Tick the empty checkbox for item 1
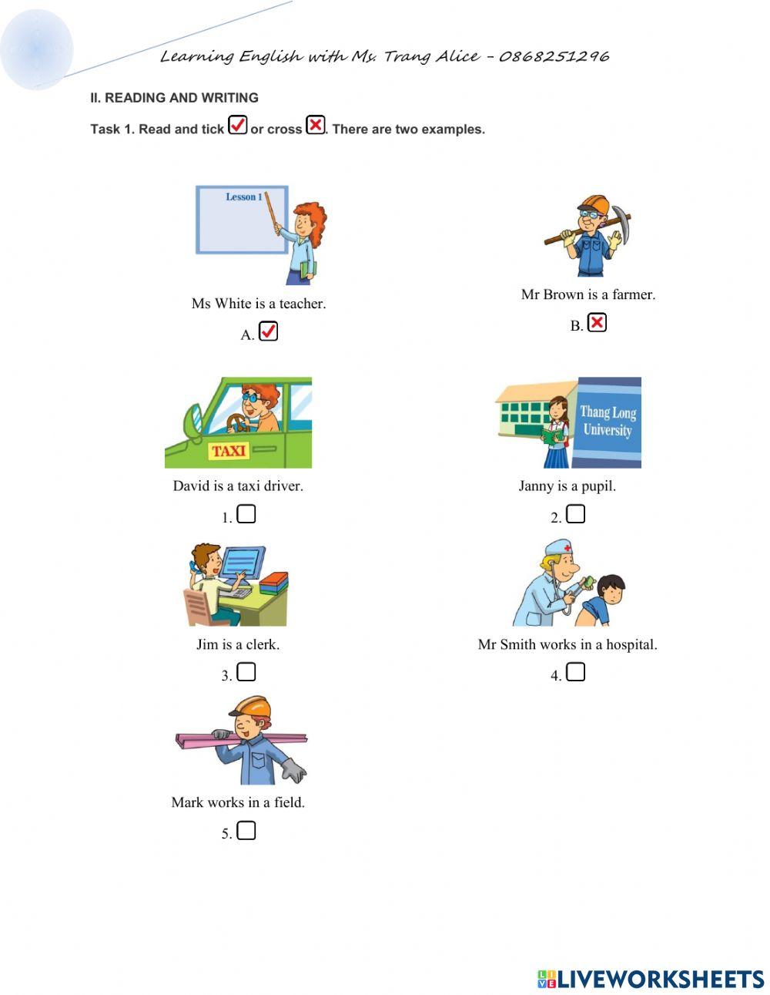click(246, 514)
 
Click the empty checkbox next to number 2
click(576, 514)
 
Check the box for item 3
click(246, 673)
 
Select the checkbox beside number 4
click(576, 673)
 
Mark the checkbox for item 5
click(246, 831)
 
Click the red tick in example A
click(268, 331)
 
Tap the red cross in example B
click(597, 323)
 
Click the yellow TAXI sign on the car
click(229, 451)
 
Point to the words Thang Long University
click(608, 421)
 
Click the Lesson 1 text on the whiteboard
click(243, 197)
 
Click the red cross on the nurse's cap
click(568, 548)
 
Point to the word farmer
click(633, 294)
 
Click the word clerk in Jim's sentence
click(262, 644)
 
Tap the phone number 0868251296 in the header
click(554, 56)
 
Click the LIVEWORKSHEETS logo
click(651, 980)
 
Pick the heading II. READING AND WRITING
click(174, 98)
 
